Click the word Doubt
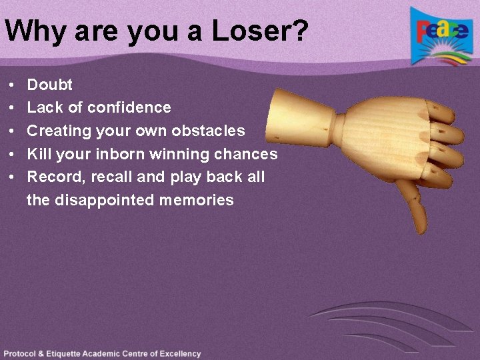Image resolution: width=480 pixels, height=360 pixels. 50,85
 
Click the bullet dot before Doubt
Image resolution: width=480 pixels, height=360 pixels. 13,85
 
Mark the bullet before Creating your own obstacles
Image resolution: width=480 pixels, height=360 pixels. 13,131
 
